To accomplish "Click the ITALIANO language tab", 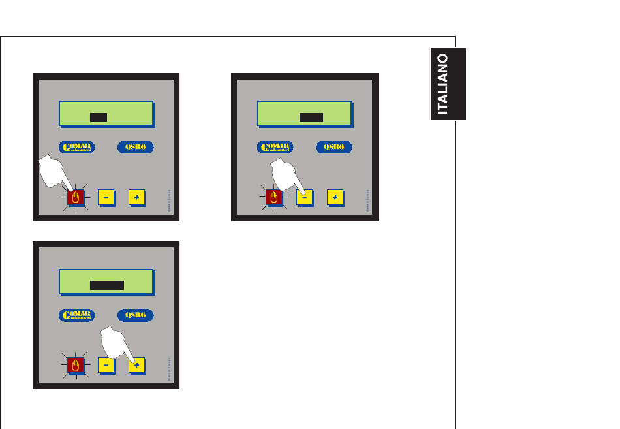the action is [x=448, y=84].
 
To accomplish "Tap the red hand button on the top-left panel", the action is [x=76, y=197].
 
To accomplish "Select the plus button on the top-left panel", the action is [x=136, y=197].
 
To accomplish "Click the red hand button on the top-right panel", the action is [x=274, y=197].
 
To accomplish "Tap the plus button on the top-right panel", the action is [x=334, y=197].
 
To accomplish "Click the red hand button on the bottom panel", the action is [x=76, y=365].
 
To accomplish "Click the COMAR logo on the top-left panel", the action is [x=77, y=147].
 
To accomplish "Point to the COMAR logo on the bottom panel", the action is [x=77, y=315].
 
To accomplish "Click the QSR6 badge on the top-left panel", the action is [x=135, y=147].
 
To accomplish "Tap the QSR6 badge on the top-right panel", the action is [x=333, y=147].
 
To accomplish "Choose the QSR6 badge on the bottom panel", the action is [x=135, y=315].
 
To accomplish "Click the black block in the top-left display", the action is [x=99, y=118].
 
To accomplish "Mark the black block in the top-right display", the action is [x=311, y=118].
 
